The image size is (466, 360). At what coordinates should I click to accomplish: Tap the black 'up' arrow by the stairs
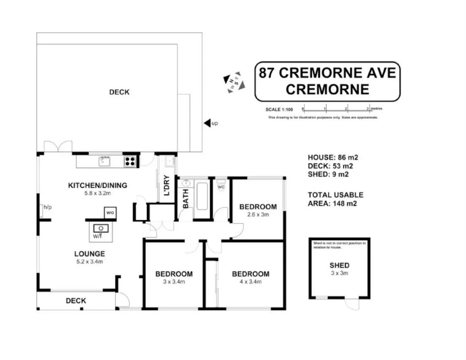207,123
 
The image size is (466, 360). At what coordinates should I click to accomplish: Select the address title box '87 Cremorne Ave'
327,81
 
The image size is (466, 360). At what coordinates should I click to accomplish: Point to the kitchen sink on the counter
104,161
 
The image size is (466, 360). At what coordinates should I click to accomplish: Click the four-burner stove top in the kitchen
131,161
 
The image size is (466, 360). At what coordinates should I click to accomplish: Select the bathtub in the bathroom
202,196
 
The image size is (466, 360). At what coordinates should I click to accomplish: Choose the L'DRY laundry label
166,185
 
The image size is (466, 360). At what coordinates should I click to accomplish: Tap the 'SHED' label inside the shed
339,265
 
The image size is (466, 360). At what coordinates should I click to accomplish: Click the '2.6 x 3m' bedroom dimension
258,214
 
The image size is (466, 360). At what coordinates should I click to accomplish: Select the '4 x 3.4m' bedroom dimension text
251,282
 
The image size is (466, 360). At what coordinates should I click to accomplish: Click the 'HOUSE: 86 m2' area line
333,157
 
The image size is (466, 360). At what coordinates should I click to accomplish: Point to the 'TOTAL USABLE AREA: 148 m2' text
335,199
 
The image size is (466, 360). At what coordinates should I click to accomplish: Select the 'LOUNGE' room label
89,254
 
